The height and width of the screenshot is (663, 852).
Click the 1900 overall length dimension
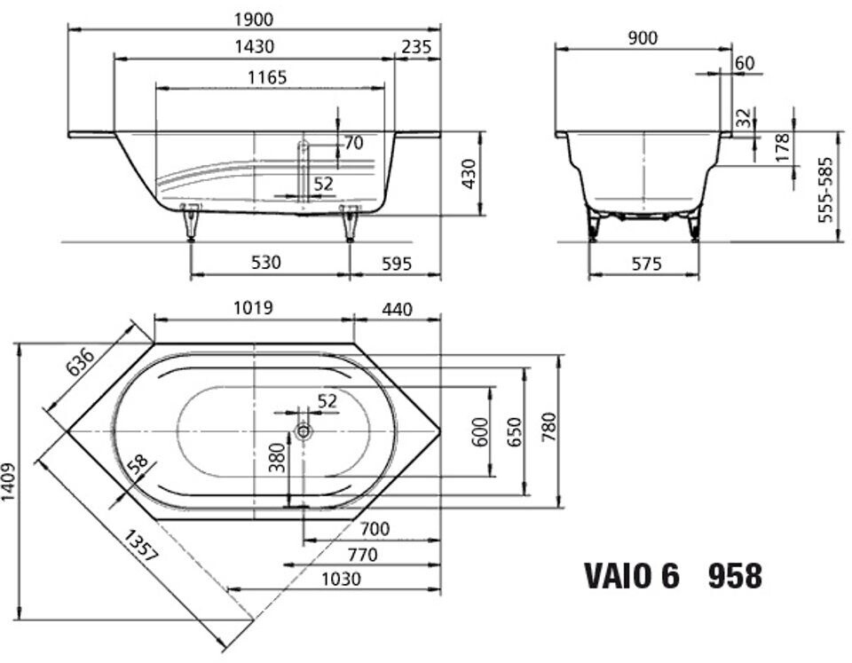coord(254,20)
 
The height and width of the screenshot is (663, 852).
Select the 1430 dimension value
coord(254,47)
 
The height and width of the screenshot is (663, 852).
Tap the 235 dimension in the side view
coord(416,47)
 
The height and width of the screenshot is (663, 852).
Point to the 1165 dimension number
coord(267,78)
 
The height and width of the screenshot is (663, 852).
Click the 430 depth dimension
coord(469,174)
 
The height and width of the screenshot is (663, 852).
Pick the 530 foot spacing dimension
coord(266,263)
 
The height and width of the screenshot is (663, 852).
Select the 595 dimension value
coord(397,264)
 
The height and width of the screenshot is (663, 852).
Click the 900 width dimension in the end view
coord(643,38)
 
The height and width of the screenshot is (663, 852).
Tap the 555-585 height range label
coord(825,190)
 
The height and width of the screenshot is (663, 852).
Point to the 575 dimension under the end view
coord(647,264)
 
